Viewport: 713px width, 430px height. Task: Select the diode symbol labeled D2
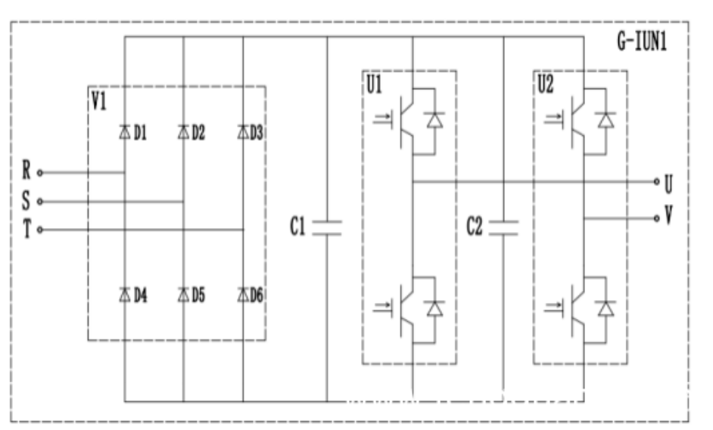(x=183, y=133)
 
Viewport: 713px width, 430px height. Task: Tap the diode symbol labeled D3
(x=242, y=133)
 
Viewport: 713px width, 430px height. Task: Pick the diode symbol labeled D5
(x=183, y=294)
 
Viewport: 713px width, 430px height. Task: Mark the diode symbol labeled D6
(x=242, y=294)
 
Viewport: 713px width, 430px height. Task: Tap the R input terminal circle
(x=40, y=172)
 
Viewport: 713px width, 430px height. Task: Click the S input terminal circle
(x=40, y=202)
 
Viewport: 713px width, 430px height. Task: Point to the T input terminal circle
(x=40, y=230)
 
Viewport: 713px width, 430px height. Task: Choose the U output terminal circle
(x=656, y=182)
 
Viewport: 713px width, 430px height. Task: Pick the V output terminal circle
(x=656, y=218)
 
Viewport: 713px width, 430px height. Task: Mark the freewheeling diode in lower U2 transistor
(x=606, y=308)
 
